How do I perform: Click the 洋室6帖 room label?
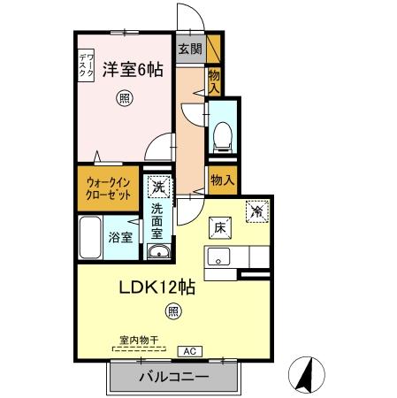click(133, 70)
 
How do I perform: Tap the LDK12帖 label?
click(157, 287)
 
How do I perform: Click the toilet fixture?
click(222, 135)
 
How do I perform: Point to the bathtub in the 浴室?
click(90, 236)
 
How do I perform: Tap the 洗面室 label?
click(157, 221)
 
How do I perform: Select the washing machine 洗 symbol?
click(157, 188)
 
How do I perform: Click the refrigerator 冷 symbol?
click(256, 211)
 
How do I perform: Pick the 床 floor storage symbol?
click(219, 226)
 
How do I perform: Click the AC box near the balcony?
click(188, 350)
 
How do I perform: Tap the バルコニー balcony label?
click(173, 378)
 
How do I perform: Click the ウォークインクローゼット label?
click(110, 188)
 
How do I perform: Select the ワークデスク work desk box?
click(85, 66)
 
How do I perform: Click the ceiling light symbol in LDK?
click(173, 311)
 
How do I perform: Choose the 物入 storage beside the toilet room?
click(222, 180)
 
